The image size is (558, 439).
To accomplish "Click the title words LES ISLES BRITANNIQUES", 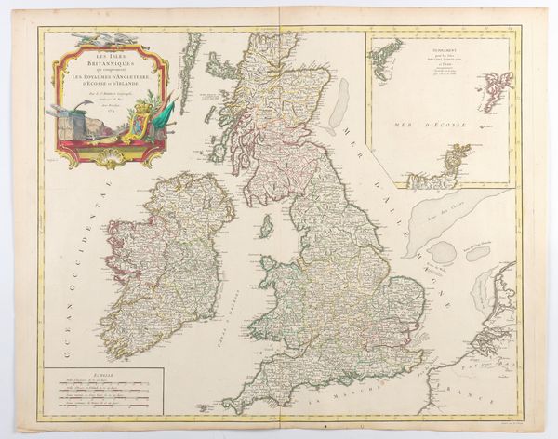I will point(110,58).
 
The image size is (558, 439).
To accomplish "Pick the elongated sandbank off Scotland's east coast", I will point(342,98).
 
